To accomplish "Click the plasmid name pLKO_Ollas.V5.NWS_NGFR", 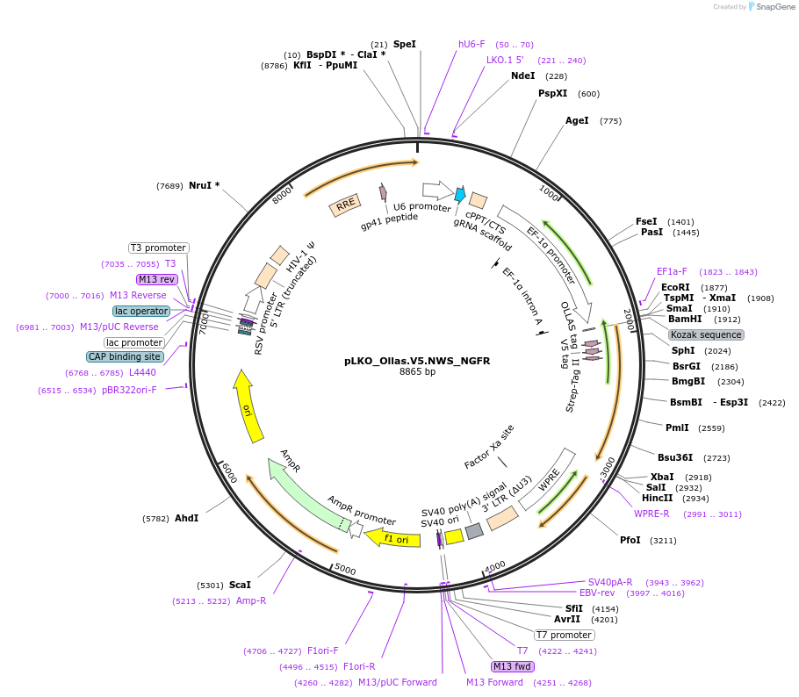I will pos(417,361).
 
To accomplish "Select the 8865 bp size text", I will pos(417,372).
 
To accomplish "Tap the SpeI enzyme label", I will pos(405,44).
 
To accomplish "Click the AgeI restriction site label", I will pos(577,120).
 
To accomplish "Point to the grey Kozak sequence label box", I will pos(706,334).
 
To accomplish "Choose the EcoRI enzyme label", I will pos(675,287).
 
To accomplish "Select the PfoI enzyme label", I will pos(630,540).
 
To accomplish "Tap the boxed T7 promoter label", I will pos(565,635).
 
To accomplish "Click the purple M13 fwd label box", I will pos(514,666).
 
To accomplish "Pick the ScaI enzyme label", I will pos(240,585).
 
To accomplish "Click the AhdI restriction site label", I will pos(186,518).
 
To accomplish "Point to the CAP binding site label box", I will pos(125,356).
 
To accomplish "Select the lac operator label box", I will pos(140,311).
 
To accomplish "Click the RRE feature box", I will pos(345,205).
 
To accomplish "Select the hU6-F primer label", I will pos(471,44).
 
